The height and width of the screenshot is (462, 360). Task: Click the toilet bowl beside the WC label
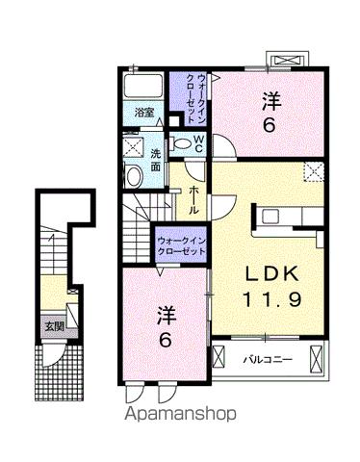[x=182, y=142]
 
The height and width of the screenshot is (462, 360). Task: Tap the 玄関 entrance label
[x=51, y=325]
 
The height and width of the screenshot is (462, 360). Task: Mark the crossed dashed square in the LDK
[x=314, y=173]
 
